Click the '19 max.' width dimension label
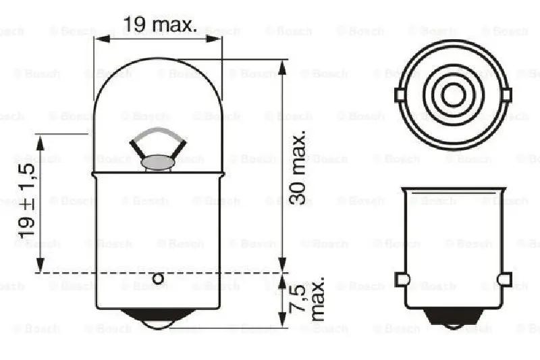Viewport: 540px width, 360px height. (159, 26)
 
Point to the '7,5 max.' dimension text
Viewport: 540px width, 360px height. (310, 298)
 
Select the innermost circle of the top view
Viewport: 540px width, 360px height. (453, 97)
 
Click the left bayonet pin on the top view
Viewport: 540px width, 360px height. (400, 97)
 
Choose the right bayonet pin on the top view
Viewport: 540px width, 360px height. (506, 97)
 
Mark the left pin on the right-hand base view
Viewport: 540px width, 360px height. (401, 279)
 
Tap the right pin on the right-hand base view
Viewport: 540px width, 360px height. (504, 279)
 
